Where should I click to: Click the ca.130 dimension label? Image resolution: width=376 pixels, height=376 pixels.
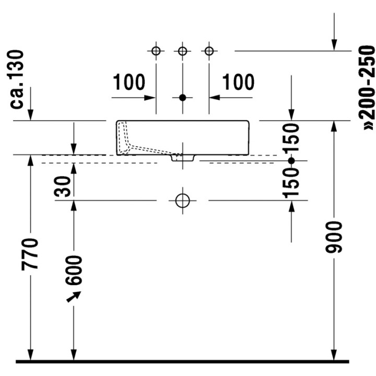click(18, 79)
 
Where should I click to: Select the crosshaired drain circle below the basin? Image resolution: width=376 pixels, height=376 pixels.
click(182, 200)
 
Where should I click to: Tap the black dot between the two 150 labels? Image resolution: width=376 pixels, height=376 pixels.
click(291, 161)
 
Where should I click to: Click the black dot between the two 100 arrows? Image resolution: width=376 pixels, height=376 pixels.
click(182, 97)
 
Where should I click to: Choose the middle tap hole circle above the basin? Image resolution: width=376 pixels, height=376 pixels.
click(182, 51)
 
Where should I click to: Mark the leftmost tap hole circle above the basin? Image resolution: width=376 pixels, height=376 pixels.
click(156, 51)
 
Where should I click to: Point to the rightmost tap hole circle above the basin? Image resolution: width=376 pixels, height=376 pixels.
click(209, 51)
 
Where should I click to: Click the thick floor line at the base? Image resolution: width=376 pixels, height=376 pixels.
click(182, 361)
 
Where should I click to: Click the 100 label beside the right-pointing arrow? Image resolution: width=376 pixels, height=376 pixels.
click(129, 82)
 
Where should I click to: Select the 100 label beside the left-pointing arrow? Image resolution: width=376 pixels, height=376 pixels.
click(239, 82)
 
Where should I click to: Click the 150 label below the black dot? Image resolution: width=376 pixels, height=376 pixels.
click(291, 183)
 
